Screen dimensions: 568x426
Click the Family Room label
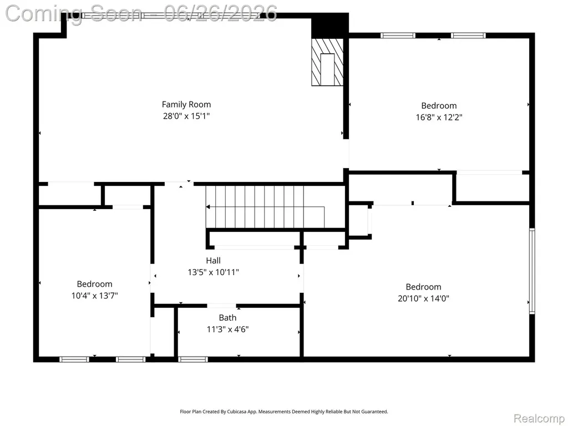[x=186, y=104]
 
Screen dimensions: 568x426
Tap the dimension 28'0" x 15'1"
[x=186, y=116]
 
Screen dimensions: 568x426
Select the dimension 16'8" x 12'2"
[x=439, y=117]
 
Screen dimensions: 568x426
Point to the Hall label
[x=214, y=260]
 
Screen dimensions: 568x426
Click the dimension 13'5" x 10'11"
[x=214, y=272]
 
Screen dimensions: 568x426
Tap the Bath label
[x=227, y=318]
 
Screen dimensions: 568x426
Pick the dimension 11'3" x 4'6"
[x=227, y=329]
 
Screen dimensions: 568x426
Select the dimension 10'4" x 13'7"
[x=94, y=296]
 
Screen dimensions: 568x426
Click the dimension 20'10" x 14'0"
[x=423, y=298]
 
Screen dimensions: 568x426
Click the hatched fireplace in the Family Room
[x=327, y=62]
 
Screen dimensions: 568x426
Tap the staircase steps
[x=265, y=207]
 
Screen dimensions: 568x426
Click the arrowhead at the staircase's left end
[x=208, y=207]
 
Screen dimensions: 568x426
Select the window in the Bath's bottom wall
[x=193, y=359]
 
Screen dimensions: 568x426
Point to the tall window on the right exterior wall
[x=532, y=271]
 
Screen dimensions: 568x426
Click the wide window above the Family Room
[x=170, y=16]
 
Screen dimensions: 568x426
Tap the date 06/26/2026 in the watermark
[x=220, y=13]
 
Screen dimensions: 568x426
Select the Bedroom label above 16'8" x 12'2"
[x=439, y=106]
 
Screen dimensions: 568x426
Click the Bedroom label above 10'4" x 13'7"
[x=94, y=284]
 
